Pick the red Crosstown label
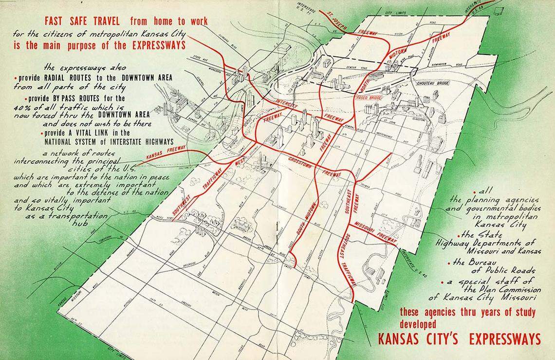[300, 161]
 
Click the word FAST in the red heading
[55, 21]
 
